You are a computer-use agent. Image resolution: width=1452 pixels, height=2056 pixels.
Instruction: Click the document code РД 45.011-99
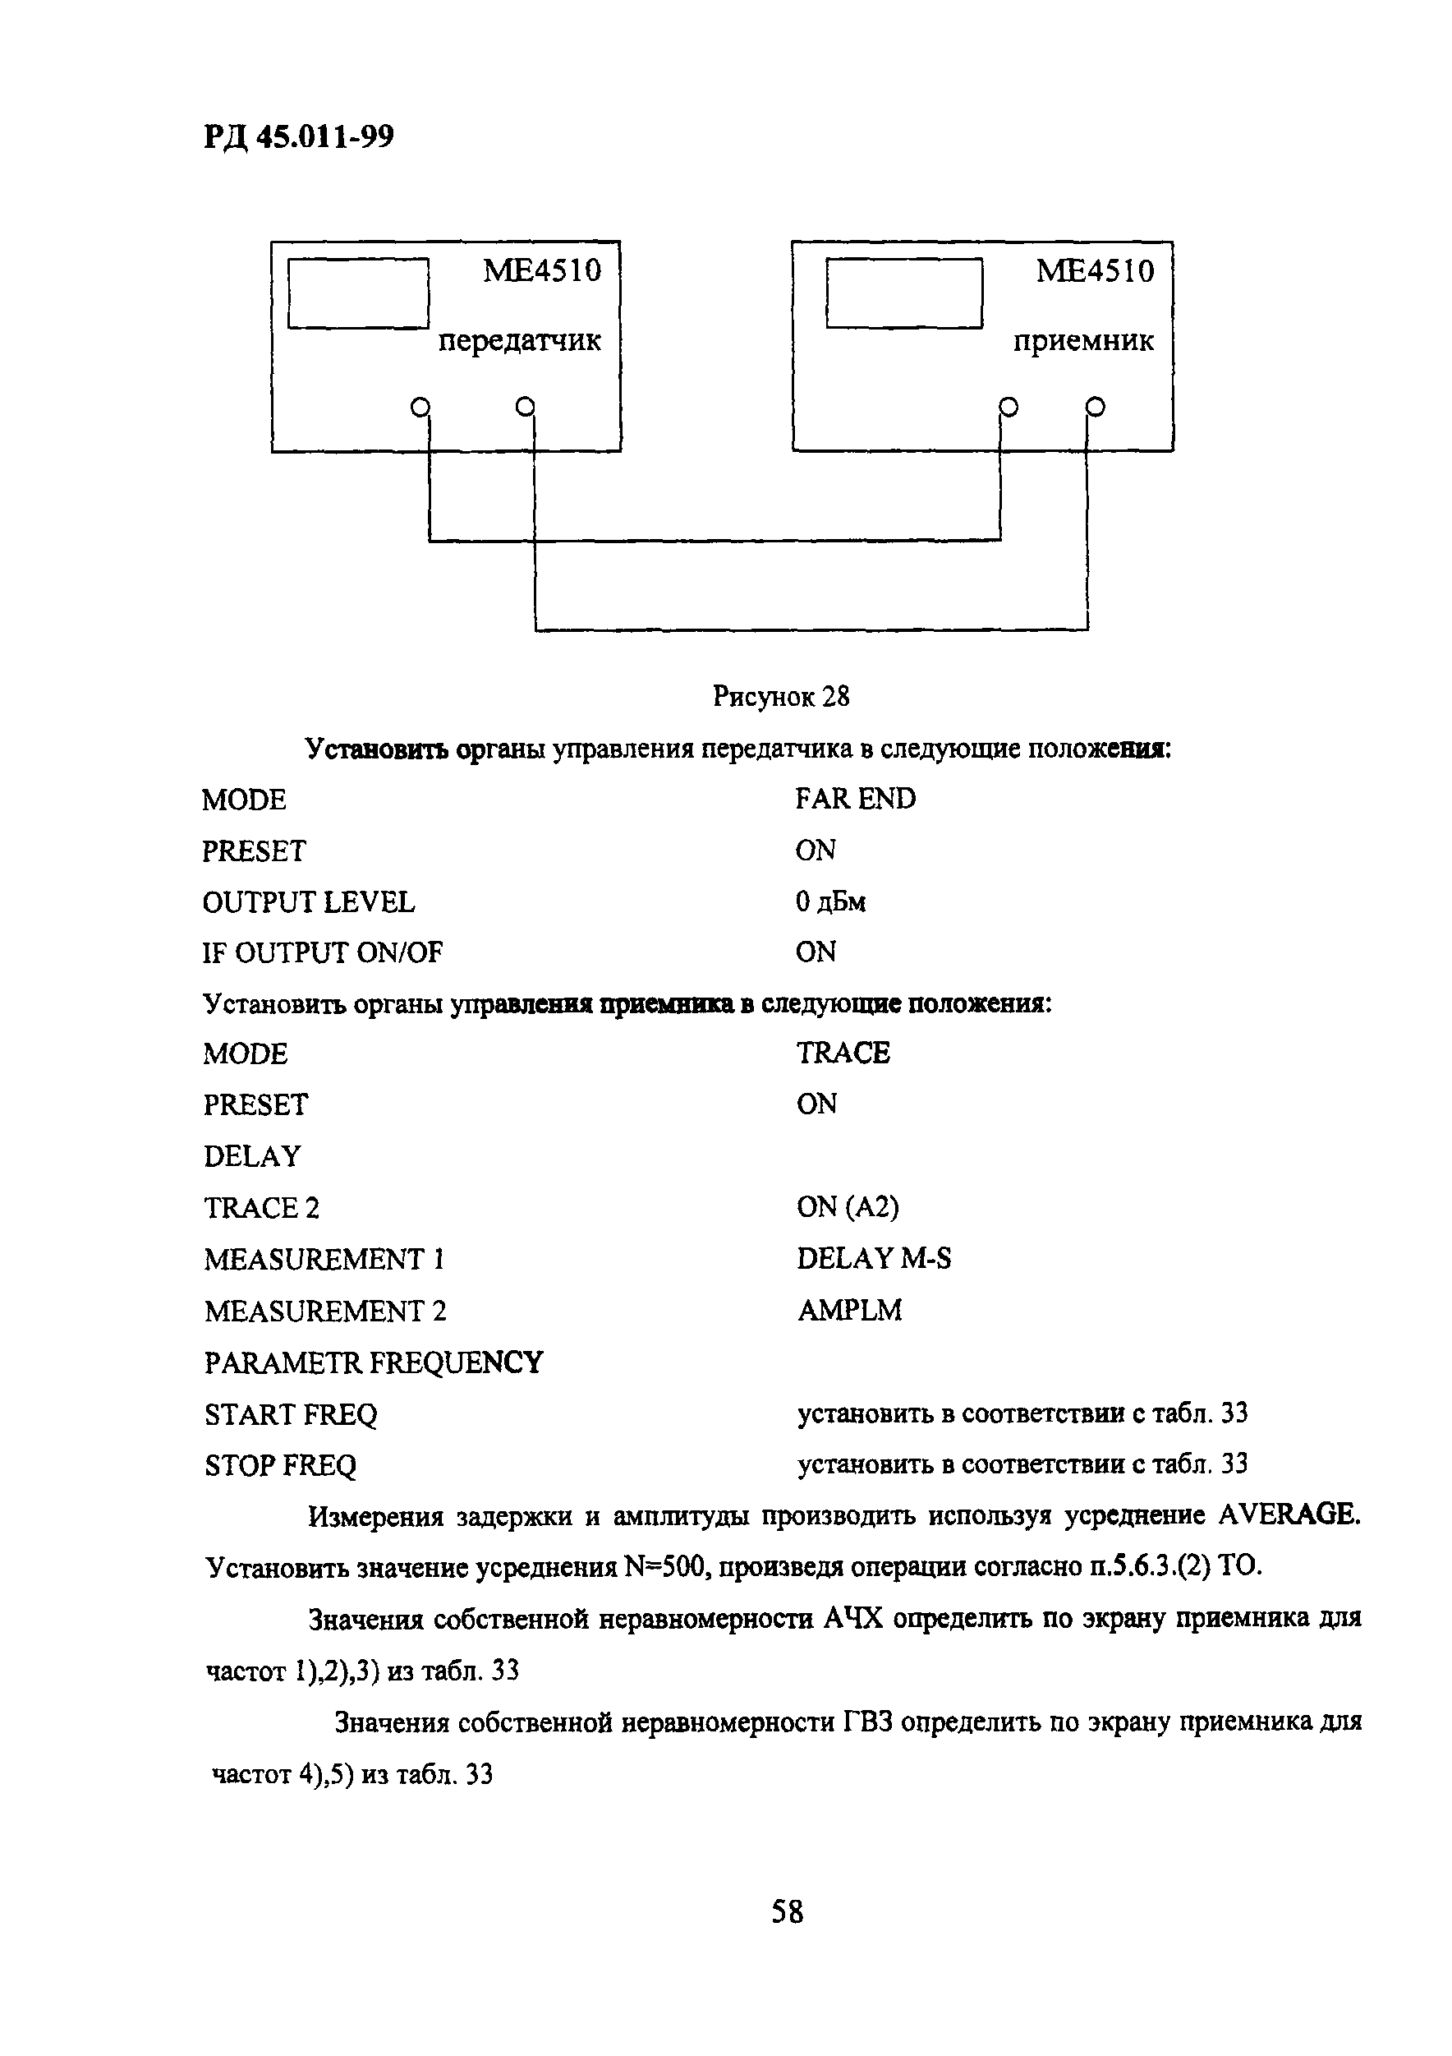coord(299,137)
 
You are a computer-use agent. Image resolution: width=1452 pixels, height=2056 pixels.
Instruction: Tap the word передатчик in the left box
coord(519,341)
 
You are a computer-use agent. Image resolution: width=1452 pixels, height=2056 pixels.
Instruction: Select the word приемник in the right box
coord(1083,341)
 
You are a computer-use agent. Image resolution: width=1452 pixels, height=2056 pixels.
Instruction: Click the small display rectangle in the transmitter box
coord(358,293)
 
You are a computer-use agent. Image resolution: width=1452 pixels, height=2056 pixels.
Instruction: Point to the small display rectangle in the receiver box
coord(904,293)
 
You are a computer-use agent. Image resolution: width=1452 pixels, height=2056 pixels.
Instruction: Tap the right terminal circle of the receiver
coord(1095,408)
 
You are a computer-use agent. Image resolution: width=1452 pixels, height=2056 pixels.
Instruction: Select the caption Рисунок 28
coord(780,696)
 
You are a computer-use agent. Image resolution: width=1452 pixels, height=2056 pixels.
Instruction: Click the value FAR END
coord(856,799)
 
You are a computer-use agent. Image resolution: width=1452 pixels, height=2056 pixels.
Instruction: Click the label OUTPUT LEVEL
coord(309,901)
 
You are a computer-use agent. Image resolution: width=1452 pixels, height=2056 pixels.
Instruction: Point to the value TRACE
coord(843,1053)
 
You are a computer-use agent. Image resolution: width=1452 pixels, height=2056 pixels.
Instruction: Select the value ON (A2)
coord(848,1207)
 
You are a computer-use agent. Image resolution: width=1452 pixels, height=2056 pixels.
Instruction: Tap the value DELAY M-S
coord(874,1258)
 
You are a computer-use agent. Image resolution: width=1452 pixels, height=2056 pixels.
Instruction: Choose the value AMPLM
coord(849,1310)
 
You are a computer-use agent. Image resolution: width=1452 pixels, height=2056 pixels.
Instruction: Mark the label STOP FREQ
coord(280,1465)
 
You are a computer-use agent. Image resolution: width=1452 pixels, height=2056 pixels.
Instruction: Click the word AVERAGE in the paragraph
coord(1289,1514)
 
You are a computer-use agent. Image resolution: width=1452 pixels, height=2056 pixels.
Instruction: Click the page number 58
coord(788,1913)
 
